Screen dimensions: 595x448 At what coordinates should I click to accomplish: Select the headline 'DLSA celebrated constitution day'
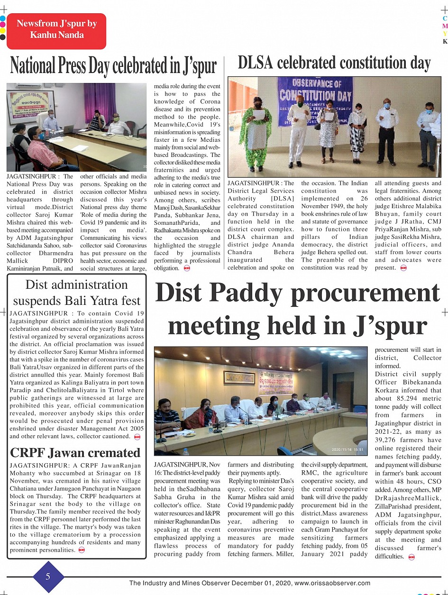pos(334,63)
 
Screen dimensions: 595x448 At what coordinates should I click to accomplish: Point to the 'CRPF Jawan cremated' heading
pos(75,453)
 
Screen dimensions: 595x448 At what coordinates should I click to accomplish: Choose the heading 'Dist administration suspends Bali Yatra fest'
pos(77,293)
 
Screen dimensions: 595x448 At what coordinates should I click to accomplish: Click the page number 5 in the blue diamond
pos(48,577)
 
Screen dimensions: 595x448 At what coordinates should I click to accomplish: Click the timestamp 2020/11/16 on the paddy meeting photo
pos(347,449)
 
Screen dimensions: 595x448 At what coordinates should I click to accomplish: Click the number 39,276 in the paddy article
pos(388,440)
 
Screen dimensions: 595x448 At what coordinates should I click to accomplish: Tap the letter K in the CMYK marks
pos(445,41)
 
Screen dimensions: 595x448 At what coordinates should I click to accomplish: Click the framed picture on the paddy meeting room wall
pos(239,378)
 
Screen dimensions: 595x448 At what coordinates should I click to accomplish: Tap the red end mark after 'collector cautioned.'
pos(137,436)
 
